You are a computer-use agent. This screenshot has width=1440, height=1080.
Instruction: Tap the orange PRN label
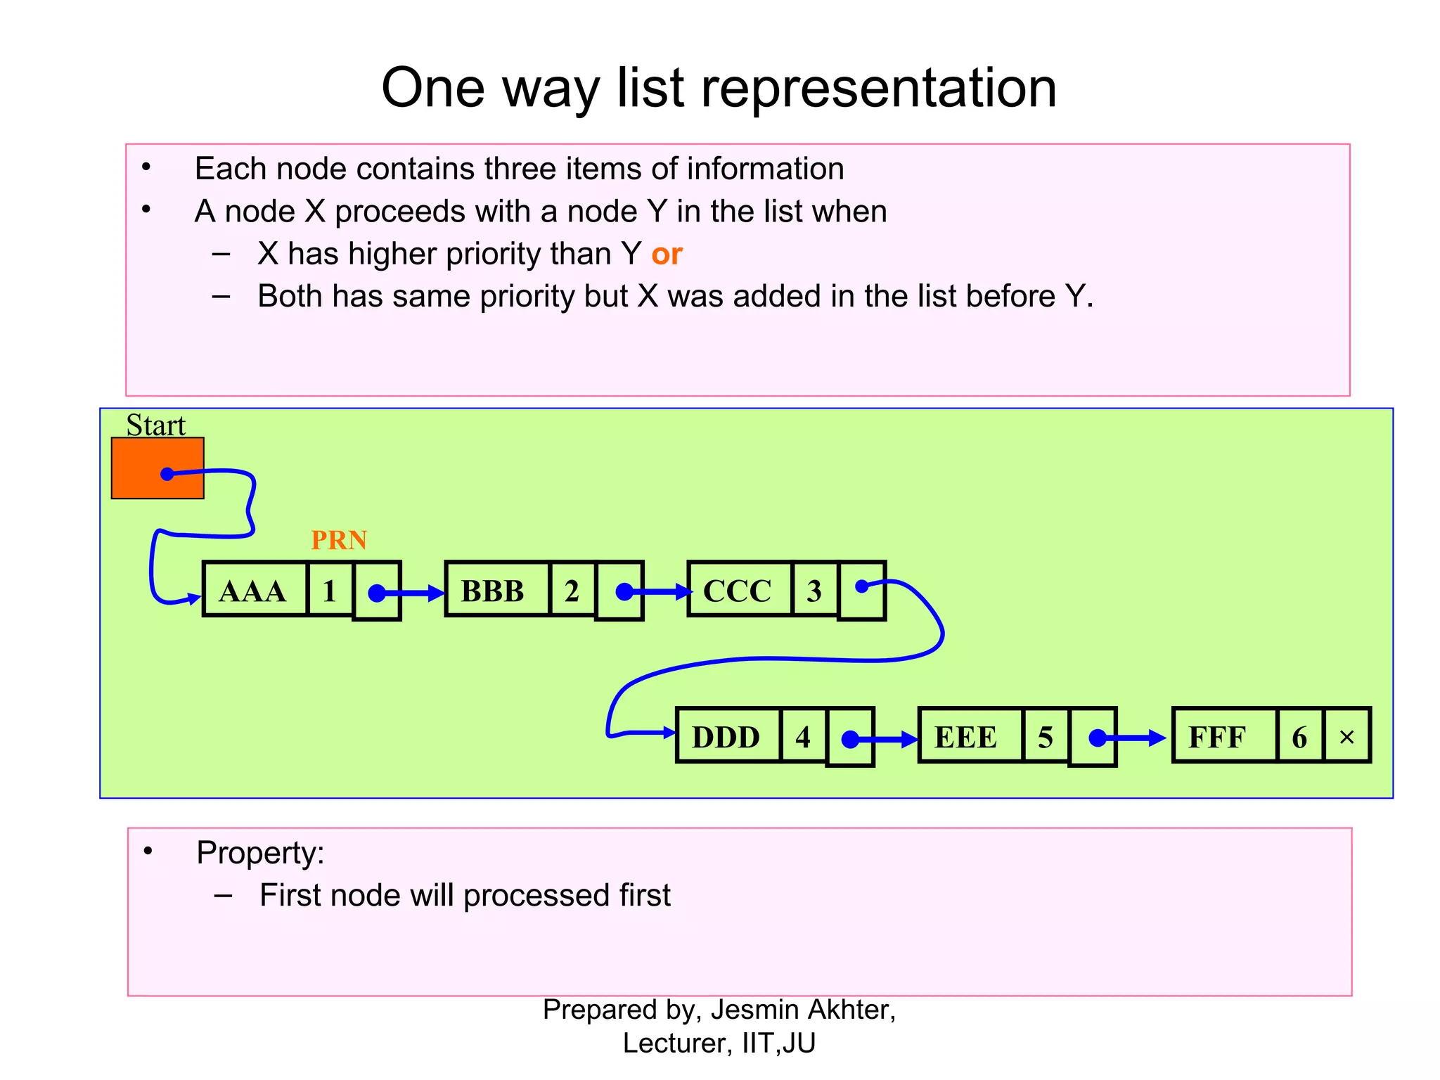339,540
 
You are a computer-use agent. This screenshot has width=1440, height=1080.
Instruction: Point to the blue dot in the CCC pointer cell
862,586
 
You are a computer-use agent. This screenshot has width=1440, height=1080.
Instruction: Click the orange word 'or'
667,254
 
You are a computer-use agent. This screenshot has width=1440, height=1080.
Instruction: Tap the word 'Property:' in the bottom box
260,853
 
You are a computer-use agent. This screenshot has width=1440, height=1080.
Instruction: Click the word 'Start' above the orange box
155,425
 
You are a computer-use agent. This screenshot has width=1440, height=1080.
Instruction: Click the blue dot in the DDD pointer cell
850,739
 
